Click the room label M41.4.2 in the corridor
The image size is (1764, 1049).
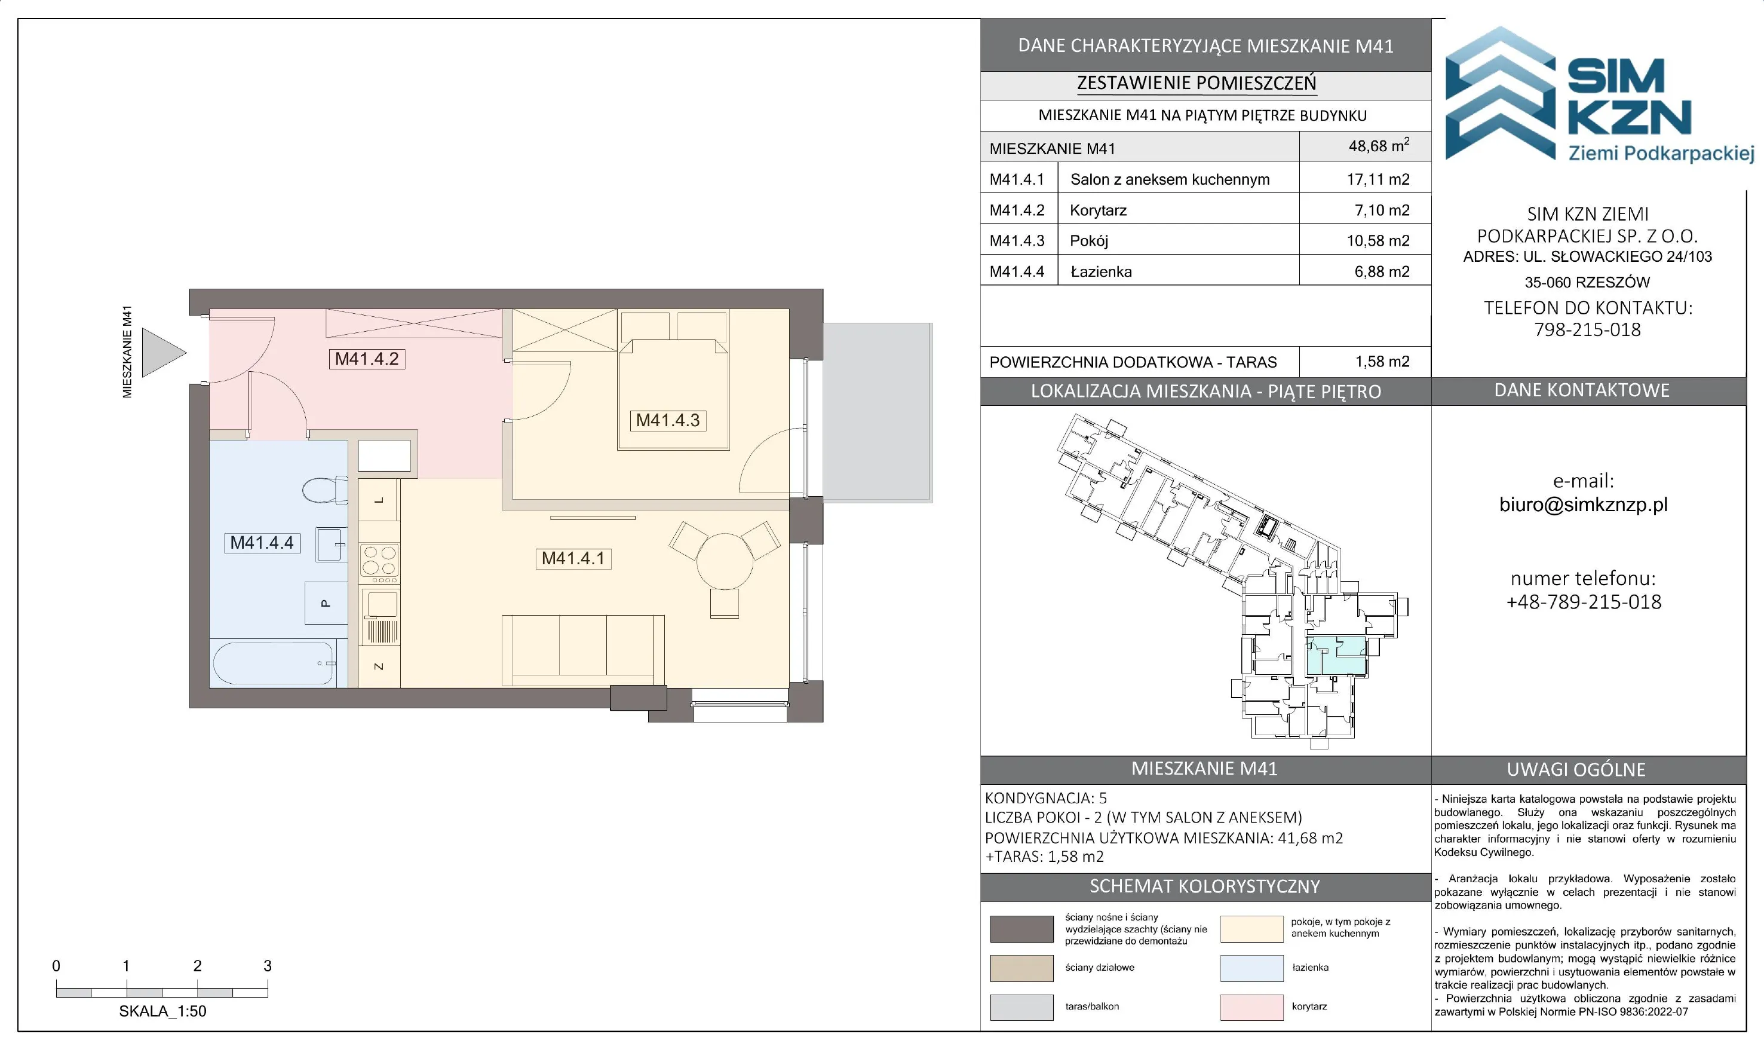(x=367, y=359)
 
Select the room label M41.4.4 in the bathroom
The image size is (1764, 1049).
(x=262, y=543)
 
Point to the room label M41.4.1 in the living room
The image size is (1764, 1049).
(x=573, y=558)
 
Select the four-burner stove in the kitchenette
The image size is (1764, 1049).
(x=379, y=561)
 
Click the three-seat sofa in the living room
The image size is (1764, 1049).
(x=583, y=650)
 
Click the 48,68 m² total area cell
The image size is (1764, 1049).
(x=1378, y=146)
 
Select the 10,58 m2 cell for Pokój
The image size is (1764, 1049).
(x=1378, y=240)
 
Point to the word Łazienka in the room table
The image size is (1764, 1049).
(x=1101, y=271)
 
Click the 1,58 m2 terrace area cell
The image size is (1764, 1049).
(x=1382, y=362)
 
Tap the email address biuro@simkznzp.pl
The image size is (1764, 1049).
(x=1583, y=504)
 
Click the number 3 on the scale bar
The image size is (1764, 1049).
(x=267, y=965)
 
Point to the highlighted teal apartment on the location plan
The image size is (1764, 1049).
(x=1334, y=655)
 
